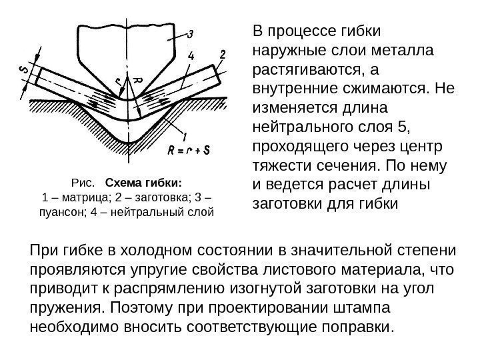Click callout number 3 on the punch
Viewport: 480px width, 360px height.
[x=191, y=34]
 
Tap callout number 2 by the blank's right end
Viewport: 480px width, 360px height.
[x=222, y=53]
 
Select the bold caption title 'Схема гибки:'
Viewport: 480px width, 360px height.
[x=143, y=182]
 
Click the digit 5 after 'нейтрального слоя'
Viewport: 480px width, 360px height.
[x=407, y=125]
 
